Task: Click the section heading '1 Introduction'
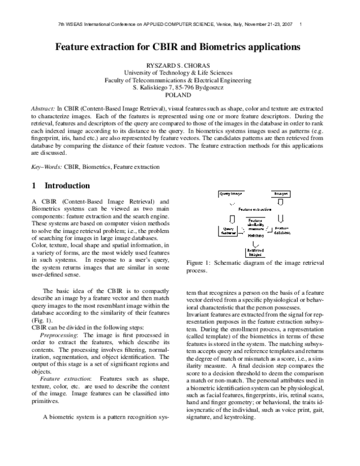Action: pos(60,186)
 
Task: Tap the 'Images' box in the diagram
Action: pos(281,195)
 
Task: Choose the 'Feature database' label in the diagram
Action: pos(282,230)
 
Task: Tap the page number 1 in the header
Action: pos(299,24)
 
